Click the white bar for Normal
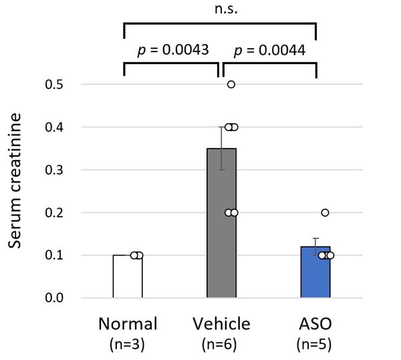tap(127, 276)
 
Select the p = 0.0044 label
tap(269, 50)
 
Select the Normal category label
tap(128, 325)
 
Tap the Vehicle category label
tap(221, 325)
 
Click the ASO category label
tap(315, 325)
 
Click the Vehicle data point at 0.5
tap(231, 84)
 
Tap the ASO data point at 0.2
tap(325, 213)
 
